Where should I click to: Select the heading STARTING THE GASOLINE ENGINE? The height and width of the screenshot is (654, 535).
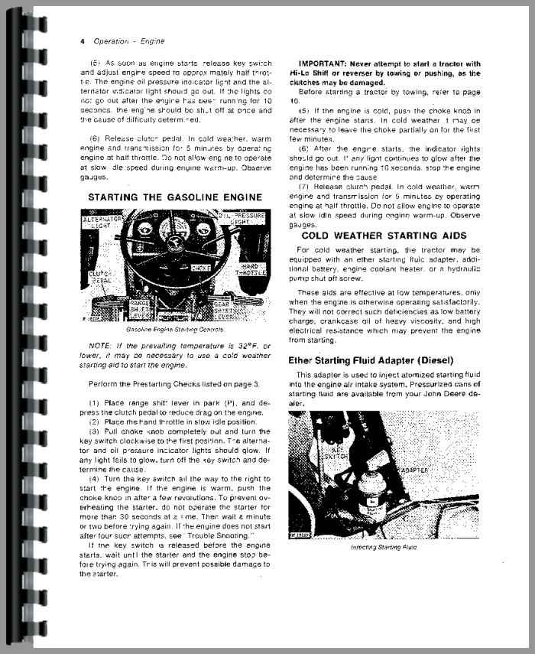(175, 197)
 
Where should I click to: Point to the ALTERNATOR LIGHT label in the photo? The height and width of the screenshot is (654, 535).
(106, 223)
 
